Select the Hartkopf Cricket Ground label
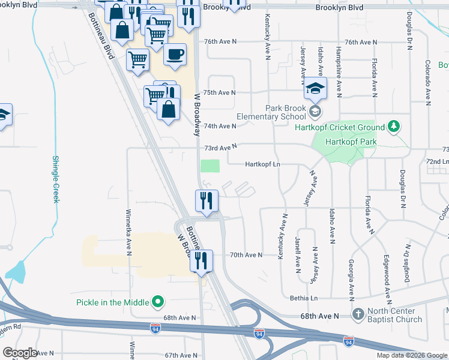point(339,127)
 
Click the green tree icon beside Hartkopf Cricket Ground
point(393,126)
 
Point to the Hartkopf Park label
point(349,142)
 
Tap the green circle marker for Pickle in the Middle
point(158,301)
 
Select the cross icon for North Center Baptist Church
point(358,314)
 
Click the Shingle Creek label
point(55,179)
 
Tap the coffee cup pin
point(175,55)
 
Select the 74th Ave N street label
point(220,126)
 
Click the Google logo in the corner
point(20,353)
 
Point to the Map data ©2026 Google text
point(411,355)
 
